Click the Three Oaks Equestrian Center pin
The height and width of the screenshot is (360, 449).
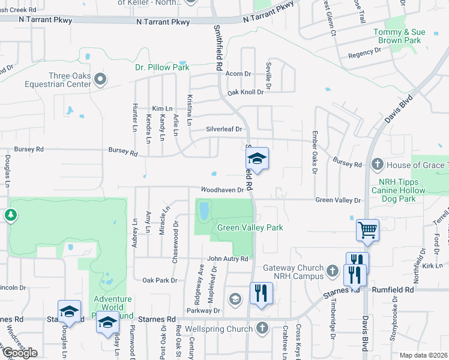(101, 79)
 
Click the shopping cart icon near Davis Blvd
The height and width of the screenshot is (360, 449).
(367, 229)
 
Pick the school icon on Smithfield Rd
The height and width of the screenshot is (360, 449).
(257, 158)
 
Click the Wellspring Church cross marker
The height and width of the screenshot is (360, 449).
(261, 328)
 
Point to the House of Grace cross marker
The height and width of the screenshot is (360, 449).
(377, 164)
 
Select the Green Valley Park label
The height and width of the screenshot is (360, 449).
(250, 227)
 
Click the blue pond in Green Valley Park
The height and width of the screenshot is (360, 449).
(203, 210)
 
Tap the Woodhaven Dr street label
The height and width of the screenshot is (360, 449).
(222, 190)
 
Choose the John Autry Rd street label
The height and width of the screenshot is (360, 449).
(228, 259)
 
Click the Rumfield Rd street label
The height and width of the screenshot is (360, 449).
(393, 289)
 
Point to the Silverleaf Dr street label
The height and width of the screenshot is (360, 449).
(223, 128)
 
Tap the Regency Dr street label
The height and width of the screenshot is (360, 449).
(361, 54)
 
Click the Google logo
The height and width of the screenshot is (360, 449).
(20, 353)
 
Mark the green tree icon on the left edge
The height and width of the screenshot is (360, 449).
(10, 215)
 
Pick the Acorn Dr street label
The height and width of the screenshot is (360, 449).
(238, 74)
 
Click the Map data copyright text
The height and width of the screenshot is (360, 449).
(424, 355)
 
